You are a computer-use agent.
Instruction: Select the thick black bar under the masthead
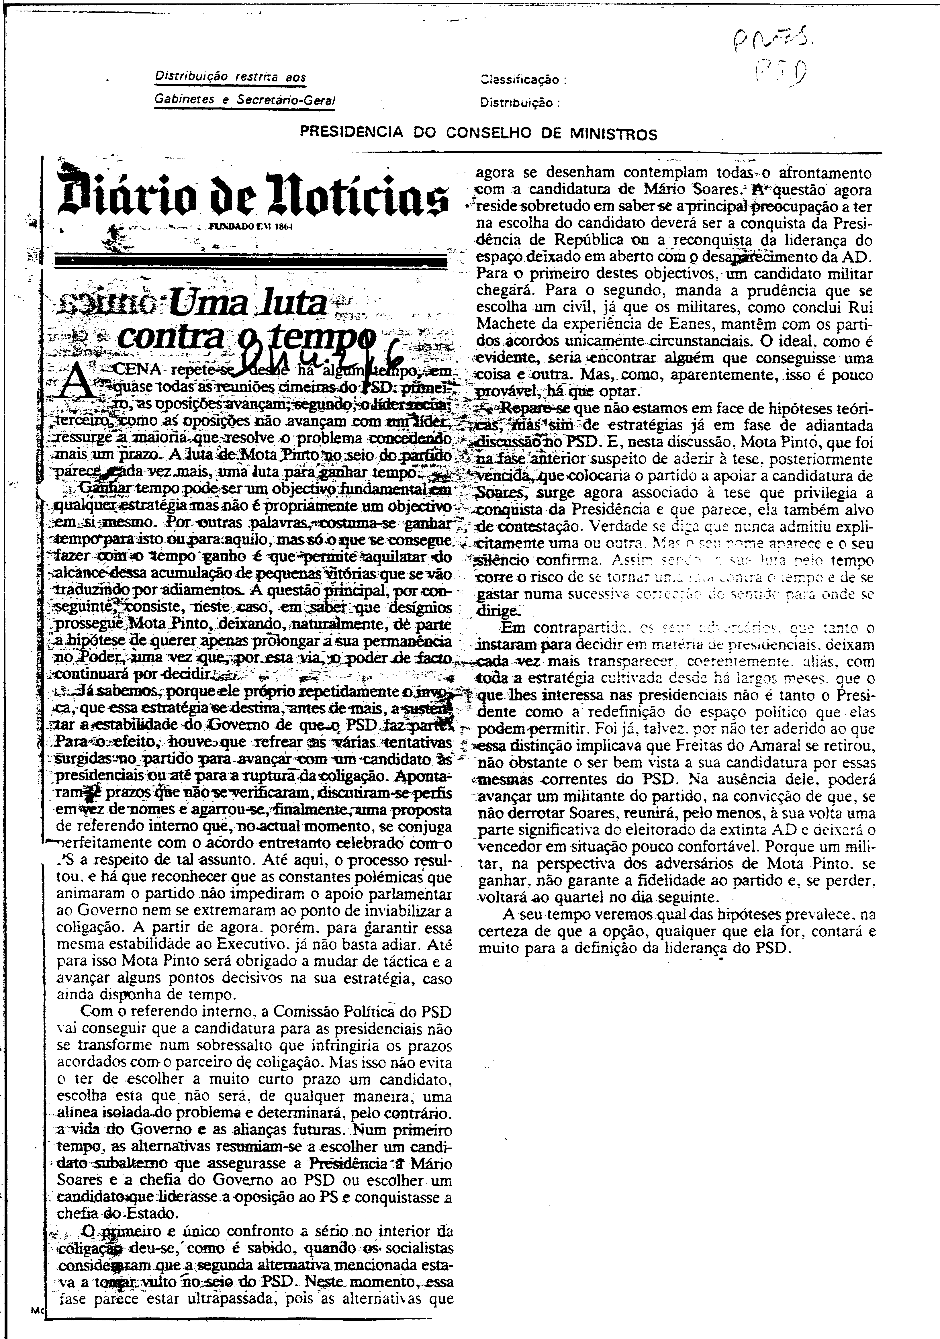coord(251,261)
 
